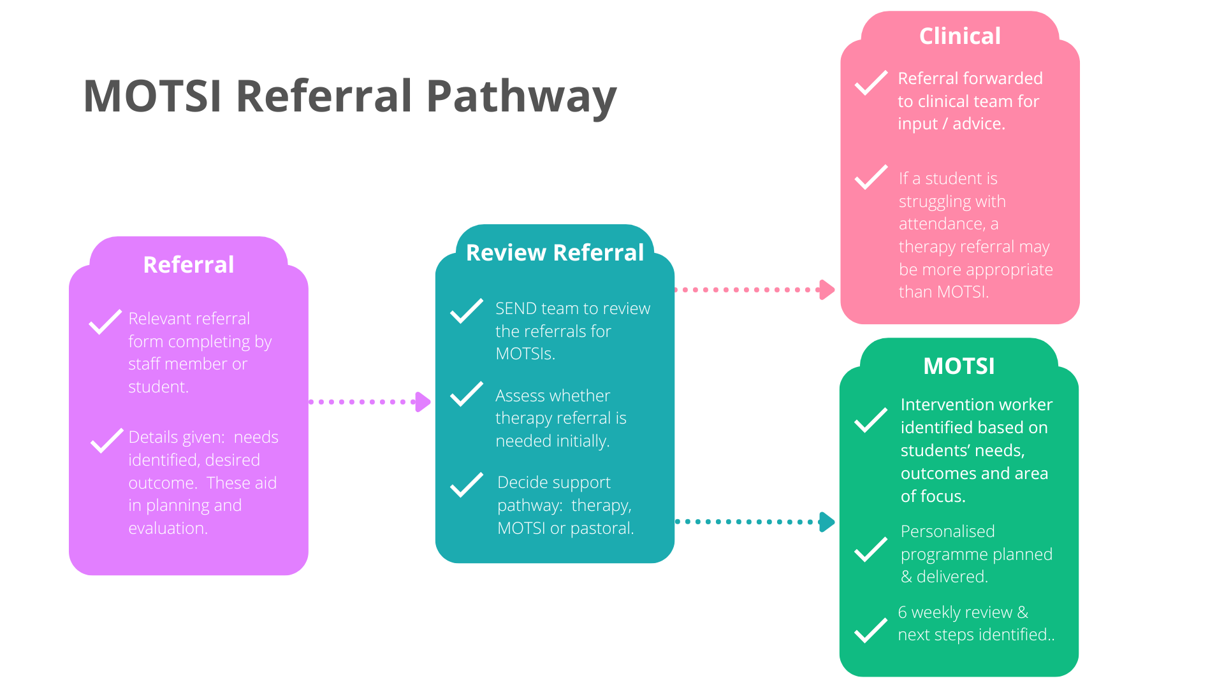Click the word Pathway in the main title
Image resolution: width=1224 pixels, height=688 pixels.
tap(521, 97)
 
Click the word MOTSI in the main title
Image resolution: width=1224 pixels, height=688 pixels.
tap(152, 97)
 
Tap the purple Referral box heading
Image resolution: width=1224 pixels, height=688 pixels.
tap(189, 264)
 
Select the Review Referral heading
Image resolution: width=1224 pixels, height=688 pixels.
tap(555, 252)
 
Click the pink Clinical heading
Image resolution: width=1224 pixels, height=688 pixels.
tap(959, 36)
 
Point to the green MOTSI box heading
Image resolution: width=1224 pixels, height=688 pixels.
tap(959, 366)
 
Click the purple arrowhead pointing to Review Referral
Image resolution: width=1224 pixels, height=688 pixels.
tap(423, 402)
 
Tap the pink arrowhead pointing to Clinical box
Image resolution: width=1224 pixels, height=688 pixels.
tap(827, 290)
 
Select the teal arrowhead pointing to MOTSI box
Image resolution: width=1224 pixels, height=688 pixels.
tap(827, 522)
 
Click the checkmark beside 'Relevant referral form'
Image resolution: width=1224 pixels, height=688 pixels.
tap(105, 322)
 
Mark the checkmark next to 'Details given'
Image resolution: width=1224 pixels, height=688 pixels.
tap(106, 440)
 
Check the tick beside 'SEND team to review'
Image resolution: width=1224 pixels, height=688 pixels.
tap(467, 311)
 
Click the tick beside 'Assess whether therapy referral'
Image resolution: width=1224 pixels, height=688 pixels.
tap(467, 394)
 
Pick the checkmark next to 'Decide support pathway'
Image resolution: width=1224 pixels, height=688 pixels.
tap(467, 485)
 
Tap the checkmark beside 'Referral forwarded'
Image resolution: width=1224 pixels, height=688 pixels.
tap(871, 83)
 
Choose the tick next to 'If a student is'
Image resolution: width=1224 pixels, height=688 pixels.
tap(871, 177)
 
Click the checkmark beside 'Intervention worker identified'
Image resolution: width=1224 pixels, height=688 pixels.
tap(871, 420)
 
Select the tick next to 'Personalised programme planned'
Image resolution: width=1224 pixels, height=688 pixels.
tap(871, 549)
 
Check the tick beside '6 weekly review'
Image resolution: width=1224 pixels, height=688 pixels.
tap(871, 630)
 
